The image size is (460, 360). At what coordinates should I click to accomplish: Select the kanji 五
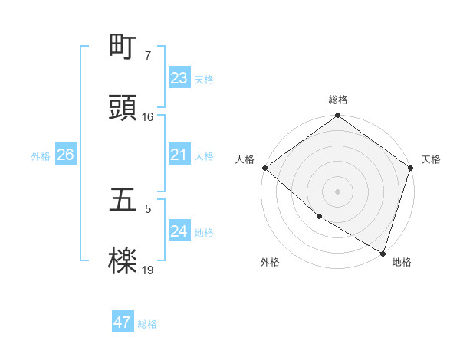click(x=123, y=201)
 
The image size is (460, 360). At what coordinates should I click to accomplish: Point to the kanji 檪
click(x=123, y=262)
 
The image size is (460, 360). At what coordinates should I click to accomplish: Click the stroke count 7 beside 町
click(x=147, y=56)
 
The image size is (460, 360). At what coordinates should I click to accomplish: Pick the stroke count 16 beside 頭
click(x=147, y=117)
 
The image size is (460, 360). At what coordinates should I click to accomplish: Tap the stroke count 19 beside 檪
click(x=147, y=270)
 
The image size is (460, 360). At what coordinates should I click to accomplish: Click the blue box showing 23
click(x=179, y=78)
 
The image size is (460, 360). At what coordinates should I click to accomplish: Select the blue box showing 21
click(x=179, y=155)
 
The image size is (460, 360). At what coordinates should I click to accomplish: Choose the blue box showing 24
click(x=179, y=231)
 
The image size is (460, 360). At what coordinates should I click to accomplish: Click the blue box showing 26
click(x=65, y=155)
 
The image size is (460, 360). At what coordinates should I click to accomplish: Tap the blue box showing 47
click(x=122, y=322)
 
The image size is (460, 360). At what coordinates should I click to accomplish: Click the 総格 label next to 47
click(x=147, y=324)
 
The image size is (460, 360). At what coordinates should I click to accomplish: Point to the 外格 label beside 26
click(x=41, y=156)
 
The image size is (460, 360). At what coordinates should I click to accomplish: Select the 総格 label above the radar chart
click(x=338, y=100)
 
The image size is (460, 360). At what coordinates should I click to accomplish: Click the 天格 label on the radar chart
click(x=432, y=159)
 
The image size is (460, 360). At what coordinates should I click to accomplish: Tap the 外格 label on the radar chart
click(x=270, y=262)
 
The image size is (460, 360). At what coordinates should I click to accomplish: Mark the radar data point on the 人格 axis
click(x=264, y=168)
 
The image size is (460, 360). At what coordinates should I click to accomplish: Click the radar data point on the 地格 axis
click(x=383, y=252)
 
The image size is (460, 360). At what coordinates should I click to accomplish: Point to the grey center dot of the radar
click(x=338, y=191)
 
